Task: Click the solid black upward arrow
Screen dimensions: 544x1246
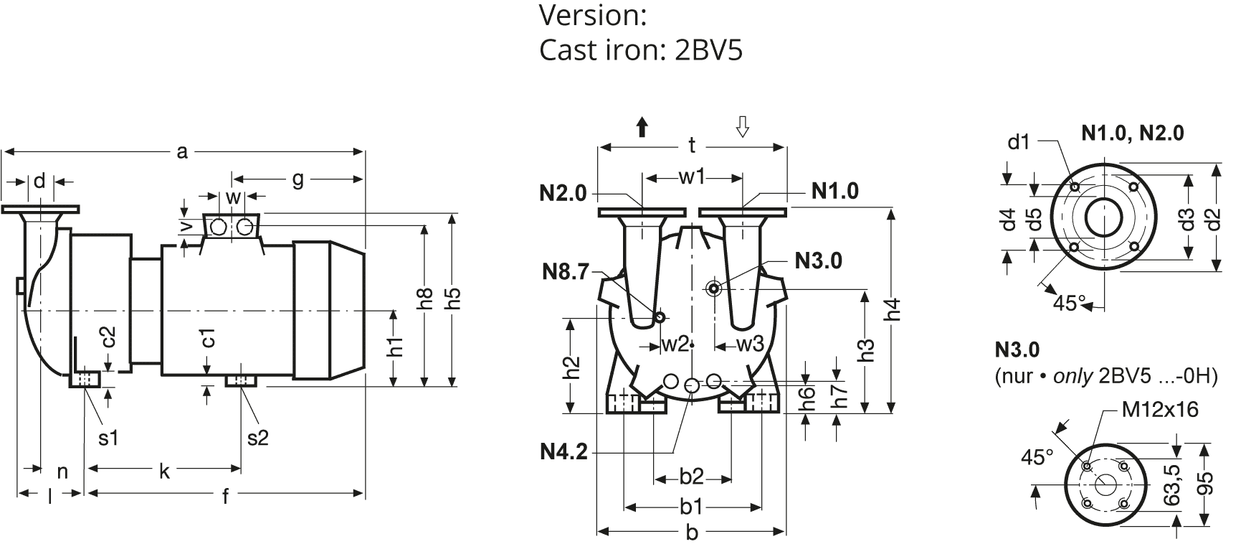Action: click(642, 128)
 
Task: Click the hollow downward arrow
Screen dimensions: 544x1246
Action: click(743, 127)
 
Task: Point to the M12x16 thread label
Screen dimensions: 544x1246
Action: click(1160, 409)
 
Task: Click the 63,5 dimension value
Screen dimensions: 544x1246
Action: click(1174, 485)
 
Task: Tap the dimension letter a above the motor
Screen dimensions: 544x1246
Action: click(182, 151)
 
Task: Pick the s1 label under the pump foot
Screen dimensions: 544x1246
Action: click(108, 437)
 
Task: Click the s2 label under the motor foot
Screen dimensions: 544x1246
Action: click(257, 437)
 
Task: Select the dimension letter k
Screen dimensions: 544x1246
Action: click(164, 470)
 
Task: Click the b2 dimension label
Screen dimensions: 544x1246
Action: click(691, 477)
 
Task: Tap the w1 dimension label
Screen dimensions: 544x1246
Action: click(692, 177)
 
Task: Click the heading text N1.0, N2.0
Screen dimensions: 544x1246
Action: click(1132, 133)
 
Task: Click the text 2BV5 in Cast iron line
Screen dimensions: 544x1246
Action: click(708, 50)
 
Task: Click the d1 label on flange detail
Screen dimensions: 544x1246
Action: click(1018, 141)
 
